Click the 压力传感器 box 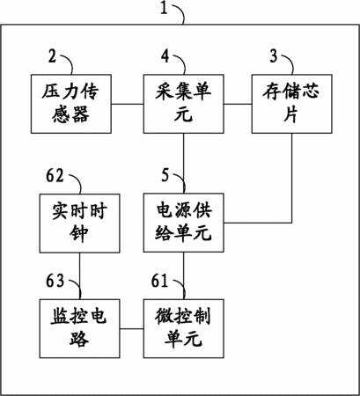(71, 104)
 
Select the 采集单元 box (184, 104)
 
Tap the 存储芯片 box (292, 104)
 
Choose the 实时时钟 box (80, 223)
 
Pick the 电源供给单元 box (184, 223)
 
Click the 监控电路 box (80, 328)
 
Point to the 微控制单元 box (184, 328)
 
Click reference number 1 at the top (164, 8)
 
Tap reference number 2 (52, 56)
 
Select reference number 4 (165, 56)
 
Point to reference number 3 (274, 56)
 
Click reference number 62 (55, 176)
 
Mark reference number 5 (165, 175)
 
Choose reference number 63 (55, 281)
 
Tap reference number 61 (159, 281)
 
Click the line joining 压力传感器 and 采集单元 (128, 104)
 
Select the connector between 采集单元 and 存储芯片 (238, 104)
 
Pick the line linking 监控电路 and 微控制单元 (131, 328)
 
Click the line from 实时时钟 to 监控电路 (80, 276)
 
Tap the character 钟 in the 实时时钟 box (79, 233)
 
